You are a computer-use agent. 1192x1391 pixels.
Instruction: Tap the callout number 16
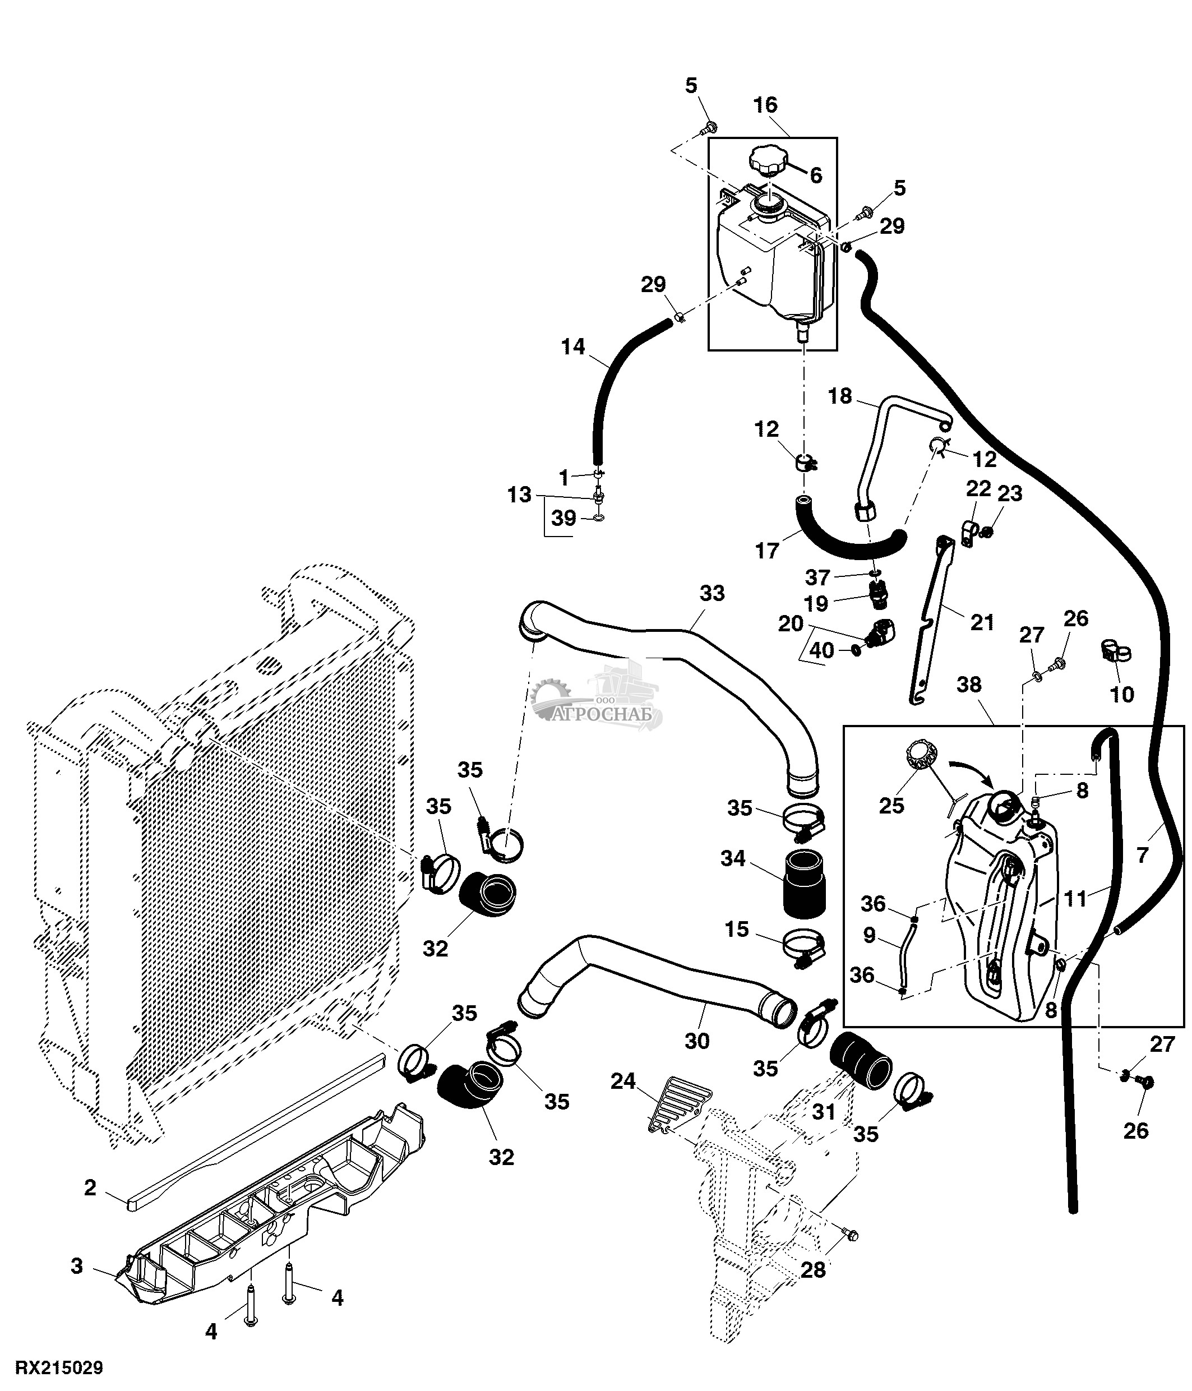pyautogui.click(x=765, y=105)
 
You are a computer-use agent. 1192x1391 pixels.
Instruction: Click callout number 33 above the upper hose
pyautogui.click(x=712, y=593)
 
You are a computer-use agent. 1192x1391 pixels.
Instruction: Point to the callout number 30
pyautogui.click(x=697, y=1041)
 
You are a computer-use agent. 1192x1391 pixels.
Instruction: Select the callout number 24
pyautogui.click(x=623, y=1081)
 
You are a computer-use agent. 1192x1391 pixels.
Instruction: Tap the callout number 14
pyautogui.click(x=573, y=347)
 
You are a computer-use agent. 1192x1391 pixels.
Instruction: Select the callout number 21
pyautogui.click(x=982, y=622)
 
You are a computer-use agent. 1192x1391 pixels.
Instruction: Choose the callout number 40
pyautogui.click(x=822, y=650)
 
